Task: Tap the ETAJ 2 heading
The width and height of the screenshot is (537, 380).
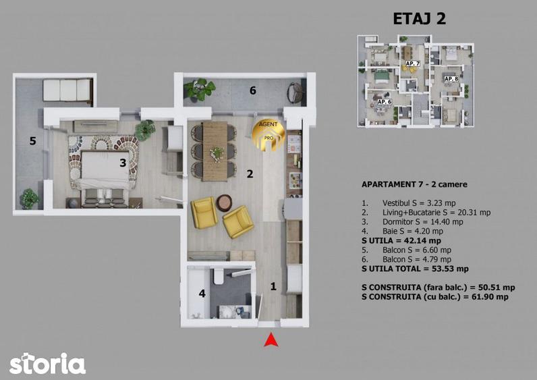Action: (419, 18)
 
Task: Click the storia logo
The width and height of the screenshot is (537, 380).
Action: (47, 363)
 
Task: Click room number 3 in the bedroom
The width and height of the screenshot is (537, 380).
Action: (123, 162)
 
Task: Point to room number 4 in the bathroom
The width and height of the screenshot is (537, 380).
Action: (202, 294)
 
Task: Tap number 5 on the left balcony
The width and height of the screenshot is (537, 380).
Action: (31, 141)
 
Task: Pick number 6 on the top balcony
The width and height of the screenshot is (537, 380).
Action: (253, 90)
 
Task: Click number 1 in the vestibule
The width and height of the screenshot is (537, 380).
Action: (273, 286)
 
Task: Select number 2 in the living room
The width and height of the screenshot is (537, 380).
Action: (250, 173)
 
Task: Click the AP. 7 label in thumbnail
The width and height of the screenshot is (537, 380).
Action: (413, 63)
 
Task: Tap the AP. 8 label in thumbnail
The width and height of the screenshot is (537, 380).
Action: (451, 79)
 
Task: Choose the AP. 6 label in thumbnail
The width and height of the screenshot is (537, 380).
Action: (384, 101)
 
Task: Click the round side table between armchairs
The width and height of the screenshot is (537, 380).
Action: (224, 202)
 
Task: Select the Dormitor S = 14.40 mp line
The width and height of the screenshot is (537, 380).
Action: (412, 221)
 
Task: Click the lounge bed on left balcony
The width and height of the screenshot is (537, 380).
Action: (67, 89)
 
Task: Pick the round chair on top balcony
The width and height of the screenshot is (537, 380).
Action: (295, 92)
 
